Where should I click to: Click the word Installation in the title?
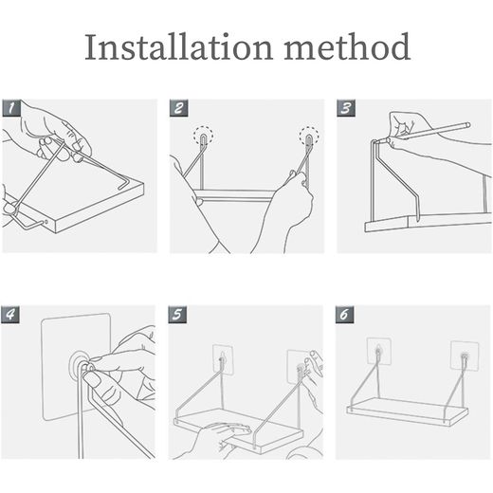[178, 46]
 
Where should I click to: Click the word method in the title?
[347, 46]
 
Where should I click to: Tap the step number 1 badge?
[11, 108]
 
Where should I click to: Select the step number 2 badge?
[179, 108]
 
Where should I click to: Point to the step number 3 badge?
[346, 108]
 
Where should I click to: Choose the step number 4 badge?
[10, 315]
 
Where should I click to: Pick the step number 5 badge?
[177, 315]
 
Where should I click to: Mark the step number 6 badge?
[344, 315]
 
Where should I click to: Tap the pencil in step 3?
[429, 131]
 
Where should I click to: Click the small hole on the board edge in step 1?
[46, 222]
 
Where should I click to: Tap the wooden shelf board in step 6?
[408, 411]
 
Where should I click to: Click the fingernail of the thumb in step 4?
[92, 378]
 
